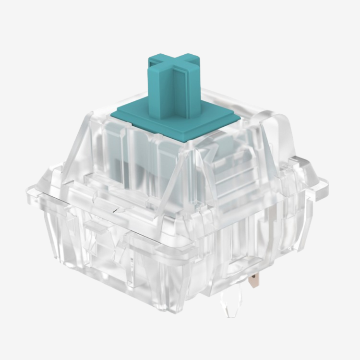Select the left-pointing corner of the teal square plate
pos(113,114)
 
